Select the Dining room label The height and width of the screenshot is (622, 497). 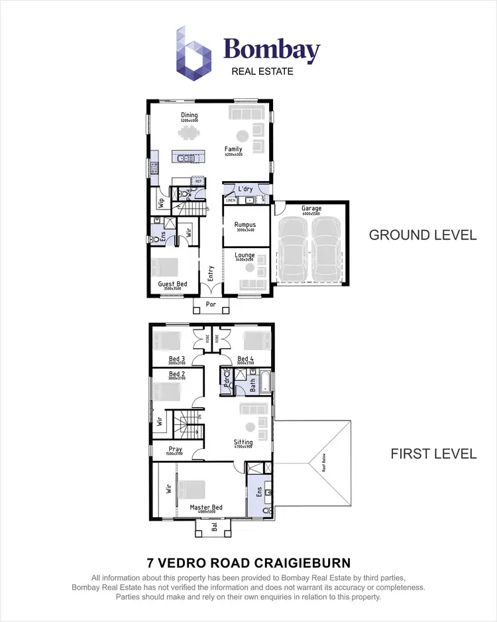190,115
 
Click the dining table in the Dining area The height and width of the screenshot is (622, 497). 190,133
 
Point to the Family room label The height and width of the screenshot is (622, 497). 233,149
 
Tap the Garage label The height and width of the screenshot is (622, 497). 311,209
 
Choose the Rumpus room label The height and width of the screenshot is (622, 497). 245,225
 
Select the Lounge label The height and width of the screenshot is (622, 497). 245,254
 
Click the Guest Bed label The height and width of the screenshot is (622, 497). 172,284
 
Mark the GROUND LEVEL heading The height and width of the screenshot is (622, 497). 423,235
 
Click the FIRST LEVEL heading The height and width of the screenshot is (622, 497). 433,454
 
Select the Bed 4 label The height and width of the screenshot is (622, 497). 246,359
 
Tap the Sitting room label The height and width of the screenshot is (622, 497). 243,442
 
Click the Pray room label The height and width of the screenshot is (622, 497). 175,449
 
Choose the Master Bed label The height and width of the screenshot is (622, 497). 206,508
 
